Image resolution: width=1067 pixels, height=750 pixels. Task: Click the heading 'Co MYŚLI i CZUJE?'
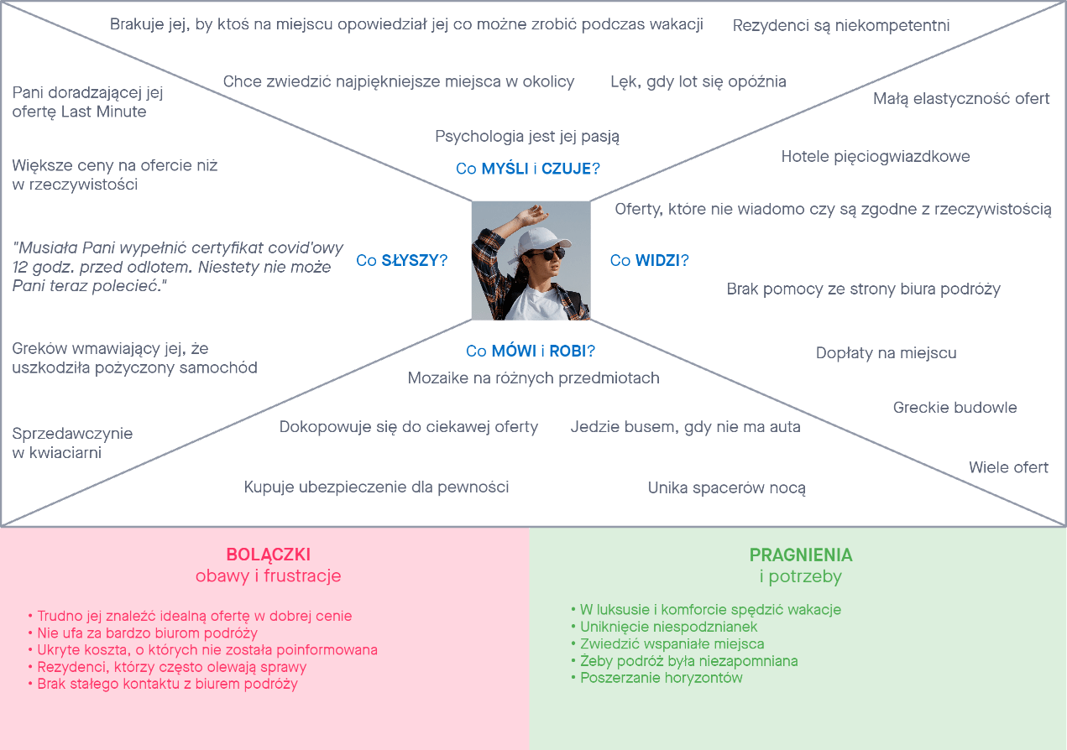[x=527, y=169]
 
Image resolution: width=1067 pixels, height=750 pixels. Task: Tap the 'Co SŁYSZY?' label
[x=401, y=261]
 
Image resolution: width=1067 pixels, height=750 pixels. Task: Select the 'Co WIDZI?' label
[x=649, y=261]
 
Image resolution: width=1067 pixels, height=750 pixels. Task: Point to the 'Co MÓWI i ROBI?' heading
[x=531, y=351]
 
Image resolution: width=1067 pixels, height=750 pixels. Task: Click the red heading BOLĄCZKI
[x=268, y=555]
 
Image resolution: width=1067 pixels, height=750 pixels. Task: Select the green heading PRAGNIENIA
[x=800, y=555]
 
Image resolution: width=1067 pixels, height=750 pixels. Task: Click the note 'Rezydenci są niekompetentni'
[x=841, y=26]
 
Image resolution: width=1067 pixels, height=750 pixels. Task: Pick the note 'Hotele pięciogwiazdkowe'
[x=876, y=156]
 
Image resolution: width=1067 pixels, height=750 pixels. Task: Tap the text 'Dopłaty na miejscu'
[x=886, y=353]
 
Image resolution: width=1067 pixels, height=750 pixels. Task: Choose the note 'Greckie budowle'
[x=955, y=408]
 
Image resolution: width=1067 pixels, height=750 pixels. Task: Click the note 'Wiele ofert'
[x=1008, y=467]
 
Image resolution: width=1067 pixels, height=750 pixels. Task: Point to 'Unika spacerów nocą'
[x=726, y=487]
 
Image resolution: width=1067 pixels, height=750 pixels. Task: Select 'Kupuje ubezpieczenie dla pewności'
[x=376, y=487]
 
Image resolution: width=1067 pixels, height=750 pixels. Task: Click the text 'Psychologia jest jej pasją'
[x=527, y=136]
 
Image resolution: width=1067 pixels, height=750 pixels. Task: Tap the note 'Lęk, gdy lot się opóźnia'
[x=698, y=81]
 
